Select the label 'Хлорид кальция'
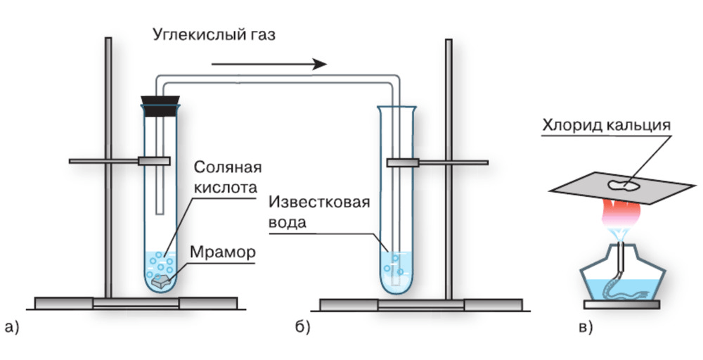(606, 126)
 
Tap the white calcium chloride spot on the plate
(623, 185)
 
